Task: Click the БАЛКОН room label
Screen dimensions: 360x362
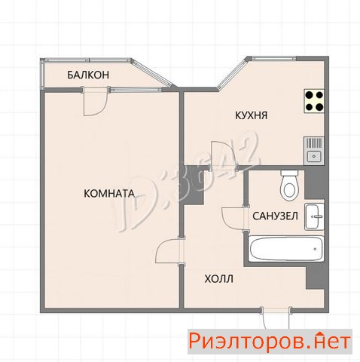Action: (x=88, y=75)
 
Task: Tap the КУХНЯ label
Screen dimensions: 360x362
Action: (x=251, y=115)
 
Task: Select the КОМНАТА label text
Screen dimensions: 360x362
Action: (x=109, y=194)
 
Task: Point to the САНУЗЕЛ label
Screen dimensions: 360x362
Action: (x=276, y=216)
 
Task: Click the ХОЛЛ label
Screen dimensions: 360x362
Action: (x=219, y=279)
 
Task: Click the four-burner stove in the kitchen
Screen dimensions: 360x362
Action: (x=314, y=101)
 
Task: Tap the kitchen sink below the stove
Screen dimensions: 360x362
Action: (x=314, y=151)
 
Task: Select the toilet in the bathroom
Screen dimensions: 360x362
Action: (x=289, y=186)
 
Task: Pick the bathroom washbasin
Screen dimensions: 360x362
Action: (x=314, y=216)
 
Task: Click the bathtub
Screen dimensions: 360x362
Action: (x=286, y=249)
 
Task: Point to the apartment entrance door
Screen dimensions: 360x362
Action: (x=276, y=318)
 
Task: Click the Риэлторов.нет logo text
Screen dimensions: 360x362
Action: (x=270, y=342)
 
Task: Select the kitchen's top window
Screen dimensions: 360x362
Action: (x=274, y=59)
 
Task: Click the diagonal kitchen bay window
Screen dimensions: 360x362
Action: (x=232, y=73)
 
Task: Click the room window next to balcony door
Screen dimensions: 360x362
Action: (x=136, y=89)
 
